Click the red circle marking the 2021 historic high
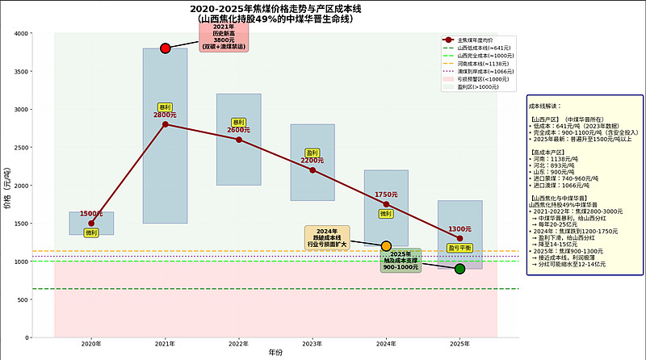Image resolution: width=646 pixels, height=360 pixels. click(166, 48)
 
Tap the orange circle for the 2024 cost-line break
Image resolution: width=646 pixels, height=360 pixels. click(386, 245)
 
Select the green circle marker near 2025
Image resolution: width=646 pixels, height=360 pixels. click(459, 269)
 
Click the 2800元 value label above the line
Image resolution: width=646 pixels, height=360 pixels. click(165, 115)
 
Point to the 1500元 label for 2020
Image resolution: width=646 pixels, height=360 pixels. click(90, 214)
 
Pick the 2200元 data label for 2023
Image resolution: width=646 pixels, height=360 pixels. click(313, 161)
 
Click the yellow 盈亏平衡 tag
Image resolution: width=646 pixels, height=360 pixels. click(459, 248)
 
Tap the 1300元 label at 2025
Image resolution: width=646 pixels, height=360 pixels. click(459, 229)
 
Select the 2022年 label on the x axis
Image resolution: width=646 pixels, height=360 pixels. click(238, 345)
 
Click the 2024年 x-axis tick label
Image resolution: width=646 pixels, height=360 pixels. click(386, 345)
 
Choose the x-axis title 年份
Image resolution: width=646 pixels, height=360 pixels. click(276, 353)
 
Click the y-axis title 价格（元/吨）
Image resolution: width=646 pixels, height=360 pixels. click(7, 185)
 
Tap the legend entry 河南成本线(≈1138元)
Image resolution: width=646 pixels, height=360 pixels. click(476, 63)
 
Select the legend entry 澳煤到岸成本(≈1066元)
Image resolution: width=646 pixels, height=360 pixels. click(478, 71)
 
